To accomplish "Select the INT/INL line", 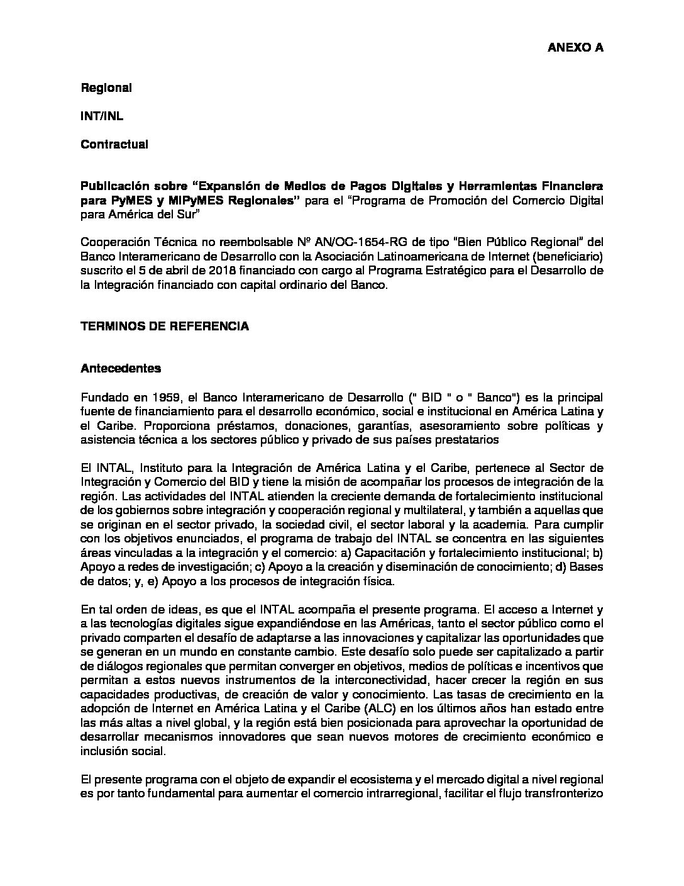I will click(x=97, y=116).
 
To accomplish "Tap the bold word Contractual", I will click(x=114, y=145).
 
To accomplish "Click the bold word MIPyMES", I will click(x=192, y=200).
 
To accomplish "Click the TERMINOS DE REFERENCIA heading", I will click(x=165, y=326).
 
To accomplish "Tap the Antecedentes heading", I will click(x=121, y=368).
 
